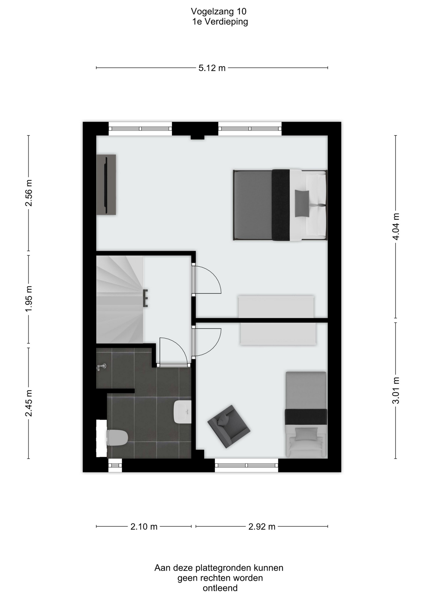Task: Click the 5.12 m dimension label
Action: click(212, 68)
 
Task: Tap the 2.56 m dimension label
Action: click(29, 193)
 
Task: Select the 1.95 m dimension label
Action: click(29, 299)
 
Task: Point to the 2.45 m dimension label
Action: click(29, 403)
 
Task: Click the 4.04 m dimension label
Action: click(396, 226)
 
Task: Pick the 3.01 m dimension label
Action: click(396, 390)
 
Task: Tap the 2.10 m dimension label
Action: click(144, 527)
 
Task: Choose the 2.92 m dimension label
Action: click(262, 527)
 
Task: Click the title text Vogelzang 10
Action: click(219, 12)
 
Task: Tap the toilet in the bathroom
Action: click(117, 438)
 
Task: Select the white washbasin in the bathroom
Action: click(183, 412)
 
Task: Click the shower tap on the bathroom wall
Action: click(101, 367)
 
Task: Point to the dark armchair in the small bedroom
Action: click(229, 426)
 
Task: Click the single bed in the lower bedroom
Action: click(306, 415)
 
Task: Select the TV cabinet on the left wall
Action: click(106, 185)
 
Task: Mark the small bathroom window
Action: click(115, 465)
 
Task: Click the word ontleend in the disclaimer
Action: click(220, 588)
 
